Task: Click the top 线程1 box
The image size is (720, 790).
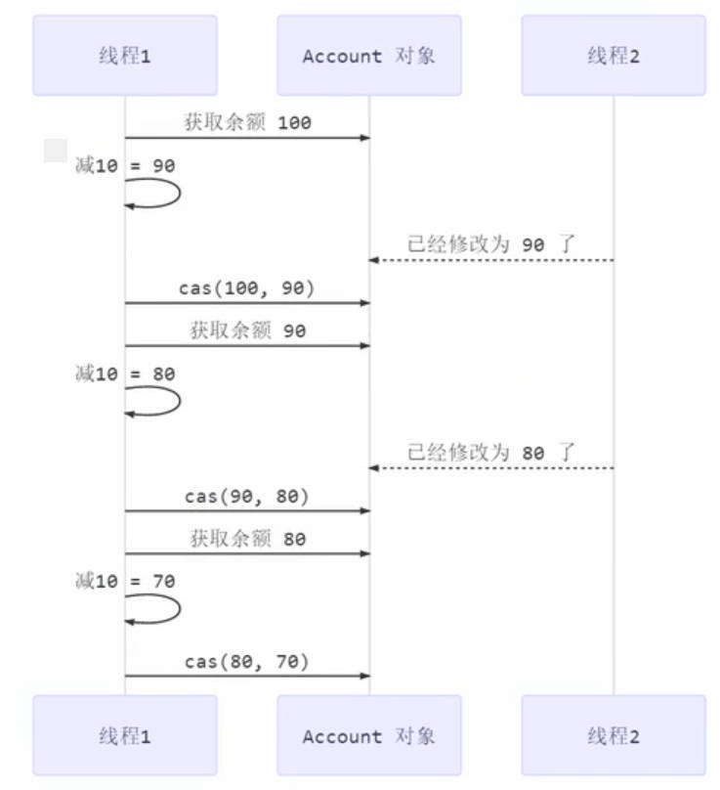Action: [125, 55]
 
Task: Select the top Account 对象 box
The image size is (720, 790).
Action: [368, 55]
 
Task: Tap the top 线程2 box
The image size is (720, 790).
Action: [614, 55]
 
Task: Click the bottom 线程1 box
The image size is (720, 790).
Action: [125, 735]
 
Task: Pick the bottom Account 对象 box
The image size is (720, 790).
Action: [368, 735]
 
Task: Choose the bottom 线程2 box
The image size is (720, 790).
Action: [614, 735]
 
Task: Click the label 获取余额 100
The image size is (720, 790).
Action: [247, 123]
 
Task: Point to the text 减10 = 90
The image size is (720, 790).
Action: [125, 166]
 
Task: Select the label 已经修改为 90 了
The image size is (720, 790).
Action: [491, 244]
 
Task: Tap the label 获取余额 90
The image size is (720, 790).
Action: [247, 330]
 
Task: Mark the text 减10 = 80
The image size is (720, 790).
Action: [125, 373]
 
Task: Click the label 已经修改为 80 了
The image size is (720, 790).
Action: [491, 453]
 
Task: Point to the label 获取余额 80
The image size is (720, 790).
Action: [247, 539]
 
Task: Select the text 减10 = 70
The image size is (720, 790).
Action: [125, 581]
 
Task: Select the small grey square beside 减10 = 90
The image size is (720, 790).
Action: [56, 151]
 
